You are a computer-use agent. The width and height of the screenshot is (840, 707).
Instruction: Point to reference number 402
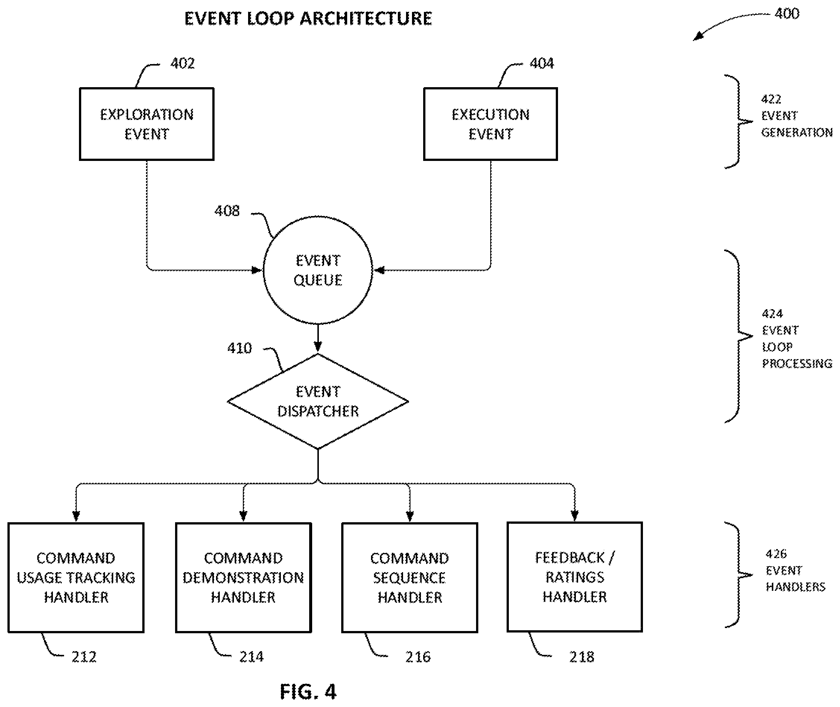pyautogui.click(x=183, y=63)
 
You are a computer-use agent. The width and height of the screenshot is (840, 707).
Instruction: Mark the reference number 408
pyautogui.click(x=227, y=211)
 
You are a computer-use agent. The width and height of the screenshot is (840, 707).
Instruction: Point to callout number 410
pyautogui.click(x=239, y=348)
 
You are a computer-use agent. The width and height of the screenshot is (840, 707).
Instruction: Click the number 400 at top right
pyautogui.click(x=787, y=14)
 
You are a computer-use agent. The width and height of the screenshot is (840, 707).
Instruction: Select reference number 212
pyautogui.click(x=84, y=657)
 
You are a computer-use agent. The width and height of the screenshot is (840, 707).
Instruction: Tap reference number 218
pyautogui.click(x=581, y=657)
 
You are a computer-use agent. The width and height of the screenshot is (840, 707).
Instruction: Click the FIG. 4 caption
pyautogui.click(x=308, y=692)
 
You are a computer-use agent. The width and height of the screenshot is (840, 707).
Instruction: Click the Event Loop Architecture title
pyautogui.click(x=308, y=18)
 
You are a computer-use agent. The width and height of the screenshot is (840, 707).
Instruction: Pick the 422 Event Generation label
pyautogui.click(x=797, y=115)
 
